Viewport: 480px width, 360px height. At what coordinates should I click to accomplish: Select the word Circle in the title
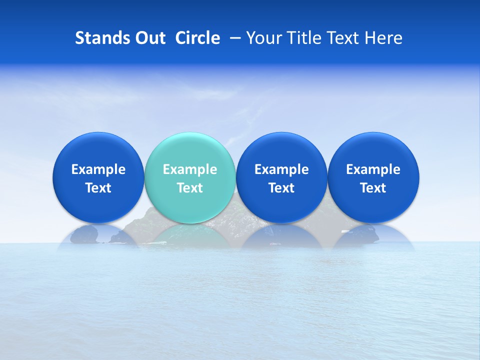pyautogui.click(x=197, y=38)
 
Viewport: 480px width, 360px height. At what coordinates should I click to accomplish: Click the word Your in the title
pyautogui.click(x=262, y=38)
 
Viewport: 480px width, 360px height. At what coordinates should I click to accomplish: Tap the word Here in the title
pyautogui.click(x=383, y=38)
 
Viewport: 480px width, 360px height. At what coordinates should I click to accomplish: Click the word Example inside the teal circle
pyautogui.click(x=190, y=169)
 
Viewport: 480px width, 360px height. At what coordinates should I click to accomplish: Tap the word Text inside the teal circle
pyautogui.click(x=190, y=188)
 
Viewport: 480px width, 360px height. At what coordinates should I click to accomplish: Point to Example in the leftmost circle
pyautogui.click(x=98, y=169)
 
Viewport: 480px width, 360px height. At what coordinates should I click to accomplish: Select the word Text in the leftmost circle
pyautogui.click(x=98, y=188)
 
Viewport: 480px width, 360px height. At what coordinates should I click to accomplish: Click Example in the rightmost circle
pyautogui.click(x=373, y=169)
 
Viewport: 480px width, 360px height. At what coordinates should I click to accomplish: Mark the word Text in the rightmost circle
pyautogui.click(x=373, y=188)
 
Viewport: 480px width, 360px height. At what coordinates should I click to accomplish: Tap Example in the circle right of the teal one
pyautogui.click(x=281, y=169)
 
